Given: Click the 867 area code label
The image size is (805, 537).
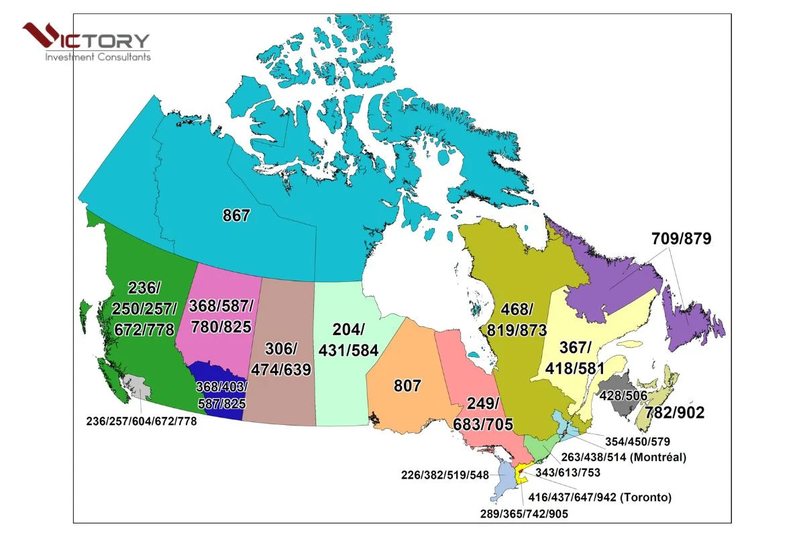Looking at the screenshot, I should coord(236,216).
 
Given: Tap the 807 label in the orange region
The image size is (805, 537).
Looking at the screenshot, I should coord(407,386).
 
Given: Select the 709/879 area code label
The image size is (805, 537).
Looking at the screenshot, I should coord(681,238).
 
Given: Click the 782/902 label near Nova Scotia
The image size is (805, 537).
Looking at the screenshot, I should coord(675,413).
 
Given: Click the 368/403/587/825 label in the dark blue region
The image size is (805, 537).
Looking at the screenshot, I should coord(221,395).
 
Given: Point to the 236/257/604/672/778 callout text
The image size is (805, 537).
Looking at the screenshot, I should coord(142,422).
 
